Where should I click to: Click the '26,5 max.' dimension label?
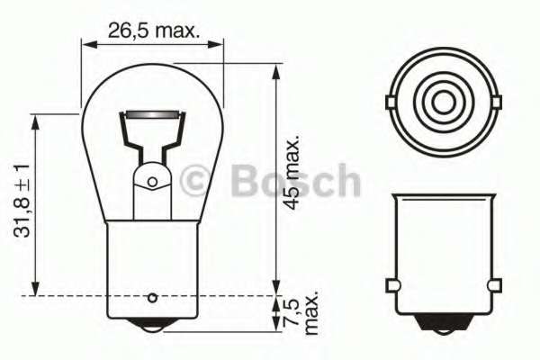[x=152, y=30]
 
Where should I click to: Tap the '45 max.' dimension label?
[x=291, y=174]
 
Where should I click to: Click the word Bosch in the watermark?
[x=295, y=182]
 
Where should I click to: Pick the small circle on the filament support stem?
[x=152, y=182]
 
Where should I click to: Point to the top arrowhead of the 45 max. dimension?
[x=276, y=68]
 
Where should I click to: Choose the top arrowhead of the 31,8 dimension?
[x=36, y=120]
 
